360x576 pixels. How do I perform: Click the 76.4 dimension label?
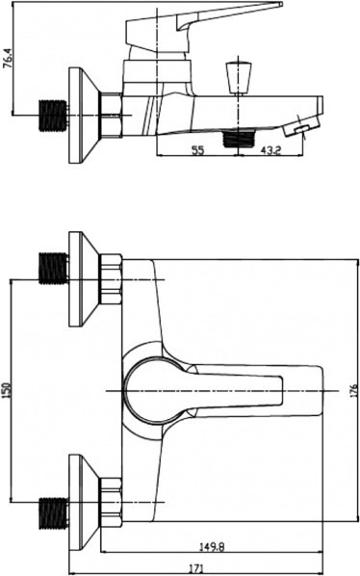pos(8,58)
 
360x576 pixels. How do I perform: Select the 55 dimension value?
pos(197,150)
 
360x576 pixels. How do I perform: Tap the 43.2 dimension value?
pos(270,150)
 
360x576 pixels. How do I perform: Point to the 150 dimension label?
pos(6,390)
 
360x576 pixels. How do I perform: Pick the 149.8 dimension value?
pos(212,547)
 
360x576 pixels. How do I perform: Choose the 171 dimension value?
pos(196,568)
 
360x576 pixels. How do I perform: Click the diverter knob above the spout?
pos(238,78)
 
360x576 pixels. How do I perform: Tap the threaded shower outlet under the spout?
pos(240,138)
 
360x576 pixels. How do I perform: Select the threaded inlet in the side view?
pos(53,116)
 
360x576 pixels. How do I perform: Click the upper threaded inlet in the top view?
pos(53,268)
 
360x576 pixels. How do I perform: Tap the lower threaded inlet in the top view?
pos(53,513)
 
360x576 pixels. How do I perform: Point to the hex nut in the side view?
pos(111,115)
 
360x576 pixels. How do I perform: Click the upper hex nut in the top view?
pos(111,278)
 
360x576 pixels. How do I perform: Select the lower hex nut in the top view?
pos(111,503)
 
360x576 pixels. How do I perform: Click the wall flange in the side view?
pos(84,115)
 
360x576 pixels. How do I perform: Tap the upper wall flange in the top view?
pos(84,278)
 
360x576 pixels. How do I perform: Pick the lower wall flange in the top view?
pos(84,503)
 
